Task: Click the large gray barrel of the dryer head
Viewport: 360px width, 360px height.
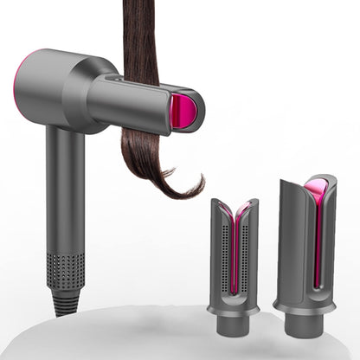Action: click(61, 87)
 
